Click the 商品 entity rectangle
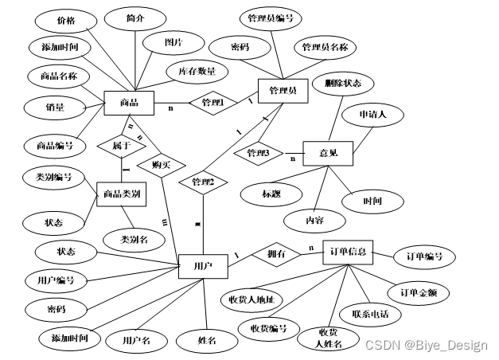128,102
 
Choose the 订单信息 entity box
347,252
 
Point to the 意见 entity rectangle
326,153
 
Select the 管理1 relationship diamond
213,103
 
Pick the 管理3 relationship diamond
259,152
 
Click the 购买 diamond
156,165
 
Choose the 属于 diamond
121,146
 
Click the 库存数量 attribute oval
196,72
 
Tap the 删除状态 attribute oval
337,82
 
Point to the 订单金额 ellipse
419,292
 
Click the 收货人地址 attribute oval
251,299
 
